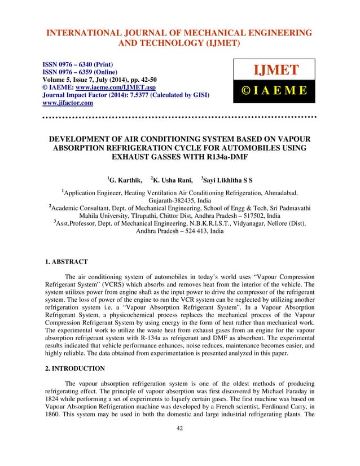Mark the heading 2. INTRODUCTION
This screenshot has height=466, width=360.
tap(76, 368)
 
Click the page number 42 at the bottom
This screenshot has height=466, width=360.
tap(179, 444)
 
